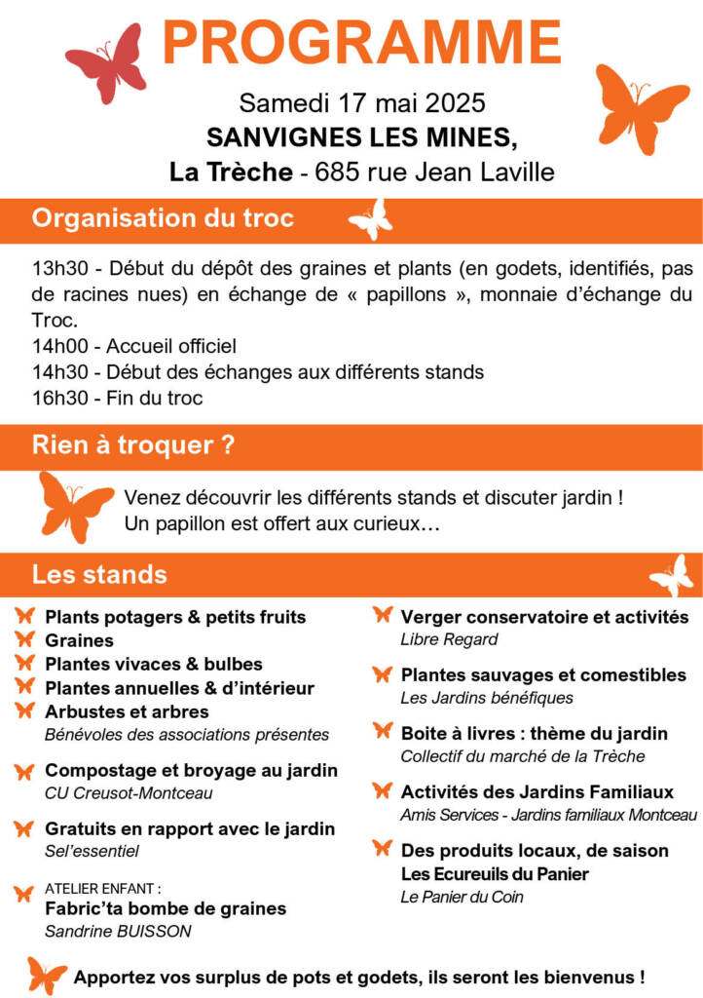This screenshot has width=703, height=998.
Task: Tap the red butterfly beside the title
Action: tap(106, 64)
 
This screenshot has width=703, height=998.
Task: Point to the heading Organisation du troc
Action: tap(163, 218)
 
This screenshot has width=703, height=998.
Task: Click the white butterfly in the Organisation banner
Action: tap(371, 219)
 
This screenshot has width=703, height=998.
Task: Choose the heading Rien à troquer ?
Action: tap(133, 445)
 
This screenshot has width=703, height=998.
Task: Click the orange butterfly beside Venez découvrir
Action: tap(74, 506)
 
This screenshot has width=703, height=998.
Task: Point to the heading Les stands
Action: tap(99, 574)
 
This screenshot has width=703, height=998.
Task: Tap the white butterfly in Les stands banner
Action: tap(671, 575)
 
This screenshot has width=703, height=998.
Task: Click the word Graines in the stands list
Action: tap(79, 640)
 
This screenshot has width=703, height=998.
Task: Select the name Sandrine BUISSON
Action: tap(118, 931)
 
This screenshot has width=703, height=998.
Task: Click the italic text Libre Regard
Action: tap(449, 639)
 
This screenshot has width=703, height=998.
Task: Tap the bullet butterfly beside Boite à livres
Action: tap(383, 732)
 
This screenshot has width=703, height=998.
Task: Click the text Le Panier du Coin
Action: tap(462, 897)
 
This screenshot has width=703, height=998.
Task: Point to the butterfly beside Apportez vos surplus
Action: tap(47, 975)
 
